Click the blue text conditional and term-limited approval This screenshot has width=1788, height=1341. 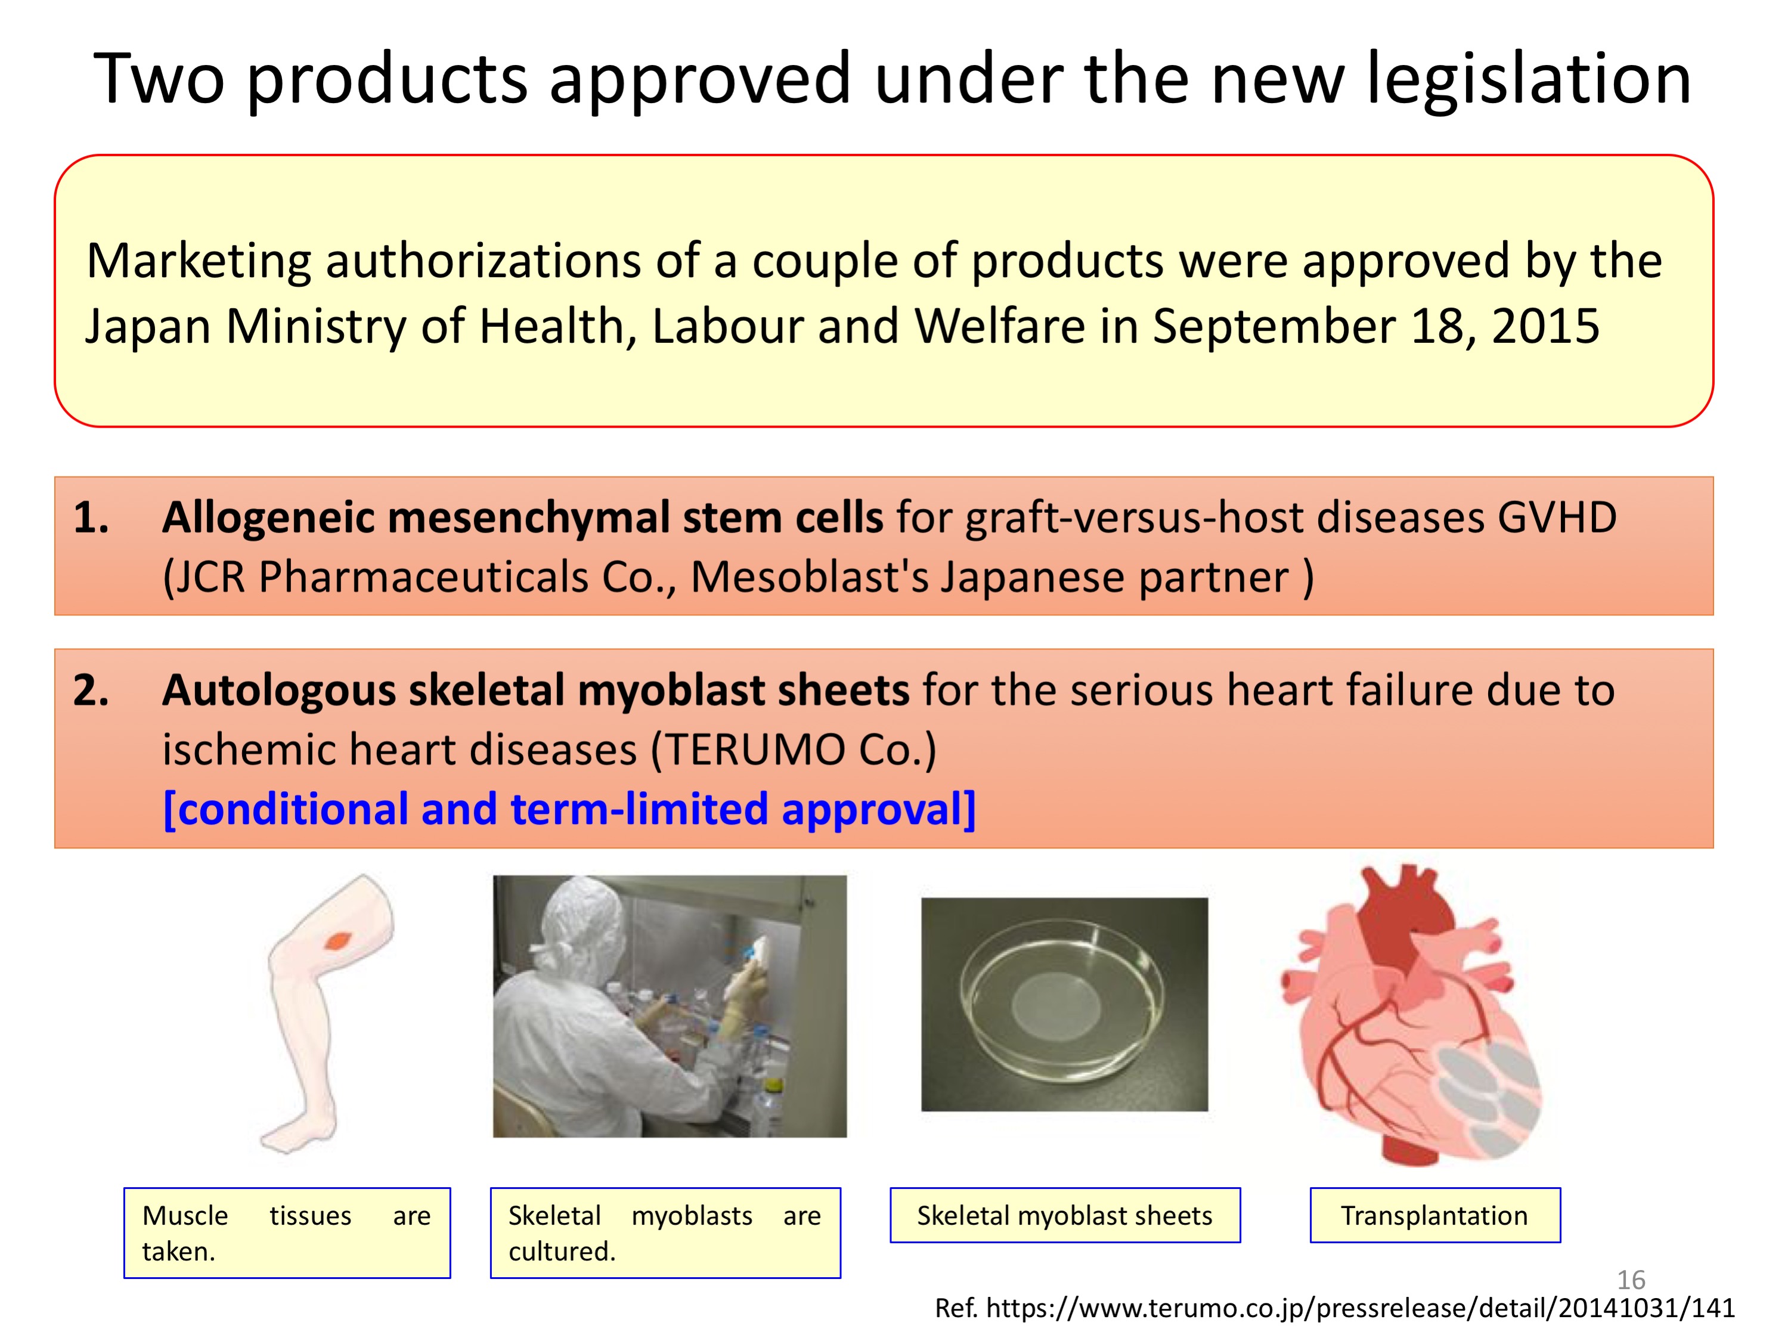tap(569, 809)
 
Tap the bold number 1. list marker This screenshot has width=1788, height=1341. tap(91, 518)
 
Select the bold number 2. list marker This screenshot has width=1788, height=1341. tap(91, 690)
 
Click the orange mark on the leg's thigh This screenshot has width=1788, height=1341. tap(339, 940)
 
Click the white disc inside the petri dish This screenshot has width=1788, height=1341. tap(1056, 1005)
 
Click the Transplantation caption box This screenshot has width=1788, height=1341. tap(1435, 1215)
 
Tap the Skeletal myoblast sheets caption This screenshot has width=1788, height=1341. tap(1065, 1215)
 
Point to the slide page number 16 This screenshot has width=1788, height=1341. tap(1631, 1280)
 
